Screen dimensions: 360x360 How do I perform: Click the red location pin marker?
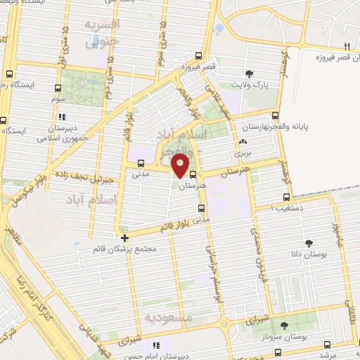[x=181, y=165]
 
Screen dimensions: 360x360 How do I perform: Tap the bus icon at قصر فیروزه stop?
[x=200, y=56]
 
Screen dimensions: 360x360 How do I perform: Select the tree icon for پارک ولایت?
[x=249, y=73]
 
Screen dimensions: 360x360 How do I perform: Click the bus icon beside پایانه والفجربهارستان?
[x=274, y=116]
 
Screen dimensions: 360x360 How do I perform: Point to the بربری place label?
[x=243, y=152]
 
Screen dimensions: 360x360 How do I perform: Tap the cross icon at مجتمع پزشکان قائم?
[x=124, y=238]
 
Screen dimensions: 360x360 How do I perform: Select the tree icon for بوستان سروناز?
[x=284, y=326]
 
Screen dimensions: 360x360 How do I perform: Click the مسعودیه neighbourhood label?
[x=168, y=318]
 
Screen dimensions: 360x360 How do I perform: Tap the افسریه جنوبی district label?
[x=103, y=33]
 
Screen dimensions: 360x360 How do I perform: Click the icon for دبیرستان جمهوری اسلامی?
[x=62, y=118]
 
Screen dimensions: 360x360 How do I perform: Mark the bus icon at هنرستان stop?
[x=193, y=175]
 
